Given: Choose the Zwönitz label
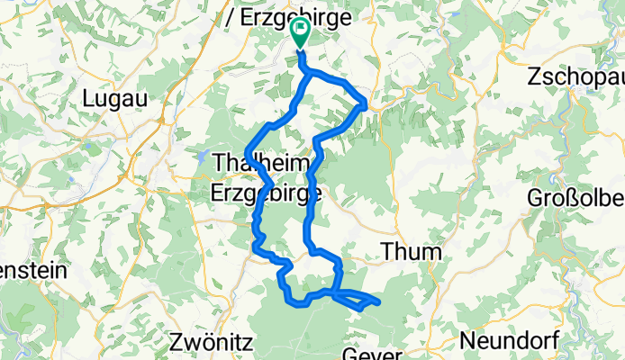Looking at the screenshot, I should (x=212, y=342).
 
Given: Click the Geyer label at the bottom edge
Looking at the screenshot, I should (x=372, y=353).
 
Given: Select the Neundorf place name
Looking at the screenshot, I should (x=508, y=342).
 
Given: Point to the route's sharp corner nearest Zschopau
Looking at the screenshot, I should (x=365, y=103).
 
